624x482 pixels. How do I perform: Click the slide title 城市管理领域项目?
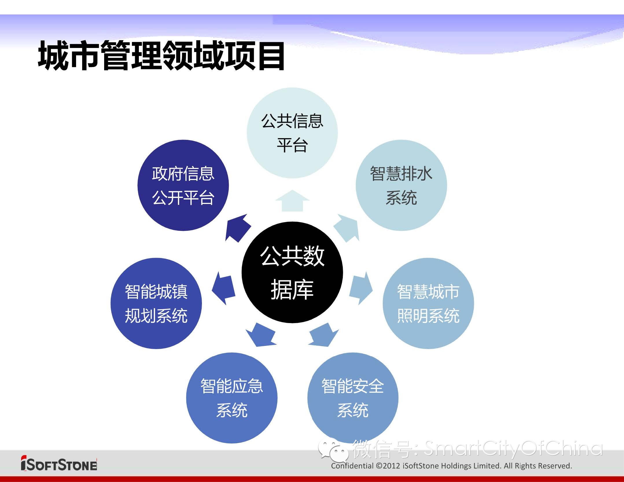tap(161, 55)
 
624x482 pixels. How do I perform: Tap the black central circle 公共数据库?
tap(292, 272)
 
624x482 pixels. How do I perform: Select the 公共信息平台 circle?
tap(292, 133)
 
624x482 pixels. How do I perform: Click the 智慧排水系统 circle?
tap(401, 185)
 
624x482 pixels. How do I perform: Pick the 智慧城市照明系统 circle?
tap(428, 303)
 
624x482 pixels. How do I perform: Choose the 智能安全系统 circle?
tap(353, 398)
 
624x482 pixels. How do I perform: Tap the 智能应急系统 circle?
tap(232, 398)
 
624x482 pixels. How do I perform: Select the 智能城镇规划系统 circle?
tap(156, 303)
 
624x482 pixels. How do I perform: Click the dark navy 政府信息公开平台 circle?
tap(183, 185)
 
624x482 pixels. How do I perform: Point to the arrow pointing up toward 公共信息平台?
tap(292, 201)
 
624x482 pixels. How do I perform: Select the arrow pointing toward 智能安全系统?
tap(323, 335)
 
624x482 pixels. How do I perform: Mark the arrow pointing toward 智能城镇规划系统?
tap(224, 288)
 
